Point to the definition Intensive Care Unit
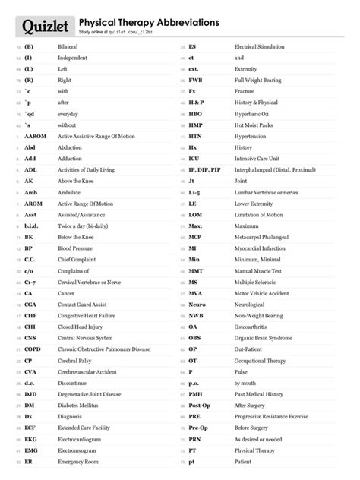click(x=261, y=159)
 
